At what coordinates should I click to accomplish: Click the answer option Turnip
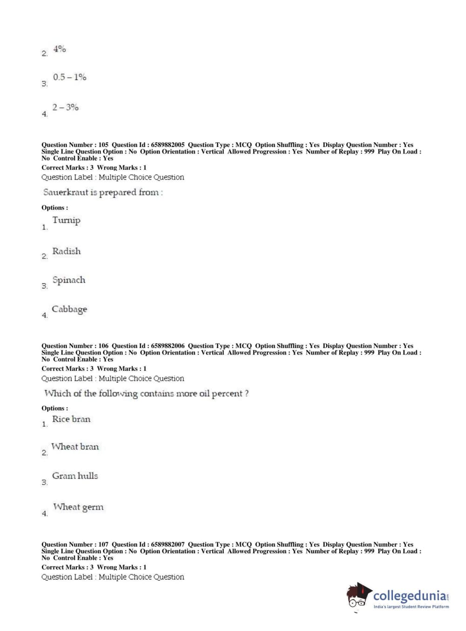point(66,221)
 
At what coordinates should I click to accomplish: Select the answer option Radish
point(66,251)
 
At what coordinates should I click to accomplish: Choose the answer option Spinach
point(69,280)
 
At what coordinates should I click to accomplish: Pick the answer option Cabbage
point(69,309)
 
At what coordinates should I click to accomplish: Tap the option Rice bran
point(71,419)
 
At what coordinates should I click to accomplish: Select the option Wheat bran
point(75,447)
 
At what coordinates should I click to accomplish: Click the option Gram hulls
point(75,476)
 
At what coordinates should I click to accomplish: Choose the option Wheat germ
point(78,507)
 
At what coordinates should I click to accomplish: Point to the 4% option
point(60,49)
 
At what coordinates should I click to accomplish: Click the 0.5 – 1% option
point(69,77)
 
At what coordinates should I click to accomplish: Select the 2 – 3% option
point(65,107)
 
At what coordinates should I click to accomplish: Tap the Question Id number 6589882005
point(168,145)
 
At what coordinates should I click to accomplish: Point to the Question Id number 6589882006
point(168,346)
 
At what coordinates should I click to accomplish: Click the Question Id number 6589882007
point(168,544)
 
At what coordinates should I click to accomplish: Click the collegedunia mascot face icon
point(358,596)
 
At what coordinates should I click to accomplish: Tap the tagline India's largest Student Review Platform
point(411,607)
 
